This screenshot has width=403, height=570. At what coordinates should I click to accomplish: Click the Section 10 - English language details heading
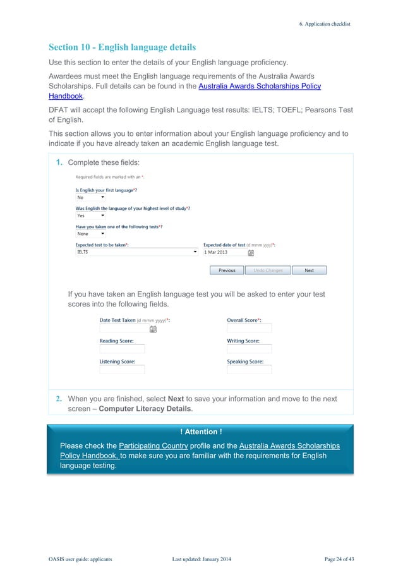pyautogui.click(x=122, y=47)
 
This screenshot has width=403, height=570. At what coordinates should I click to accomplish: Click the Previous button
pyautogui.click(x=227, y=270)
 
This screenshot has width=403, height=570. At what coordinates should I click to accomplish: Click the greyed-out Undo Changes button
pyautogui.click(x=268, y=270)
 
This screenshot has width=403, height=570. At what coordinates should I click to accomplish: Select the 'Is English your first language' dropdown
pyautogui.click(x=90, y=198)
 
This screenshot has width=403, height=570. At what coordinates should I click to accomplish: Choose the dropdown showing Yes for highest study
pyautogui.click(x=90, y=215)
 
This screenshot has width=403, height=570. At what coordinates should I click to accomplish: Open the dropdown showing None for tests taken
pyautogui.click(x=90, y=234)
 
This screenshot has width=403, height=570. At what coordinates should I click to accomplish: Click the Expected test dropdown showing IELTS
pyautogui.click(x=136, y=252)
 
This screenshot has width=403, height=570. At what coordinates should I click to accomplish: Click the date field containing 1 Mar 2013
pyautogui.click(x=224, y=252)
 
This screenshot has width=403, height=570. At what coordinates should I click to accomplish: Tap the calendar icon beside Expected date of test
pyautogui.click(x=251, y=253)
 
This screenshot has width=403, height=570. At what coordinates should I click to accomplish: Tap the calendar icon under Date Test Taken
pyautogui.click(x=153, y=329)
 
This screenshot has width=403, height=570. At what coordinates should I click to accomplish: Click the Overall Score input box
pyautogui.click(x=249, y=329)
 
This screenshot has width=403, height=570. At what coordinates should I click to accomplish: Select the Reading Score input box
pyautogui.click(x=122, y=349)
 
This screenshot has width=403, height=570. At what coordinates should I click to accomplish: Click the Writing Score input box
pyautogui.click(x=249, y=349)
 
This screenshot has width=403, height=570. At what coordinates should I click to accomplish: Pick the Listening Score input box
pyautogui.click(x=122, y=370)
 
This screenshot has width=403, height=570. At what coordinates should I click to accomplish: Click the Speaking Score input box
pyautogui.click(x=249, y=370)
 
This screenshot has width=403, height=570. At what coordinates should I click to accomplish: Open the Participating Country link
pyautogui.click(x=153, y=446)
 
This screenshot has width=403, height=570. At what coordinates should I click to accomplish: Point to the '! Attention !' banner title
pyautogui.click(x=201, y=432)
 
